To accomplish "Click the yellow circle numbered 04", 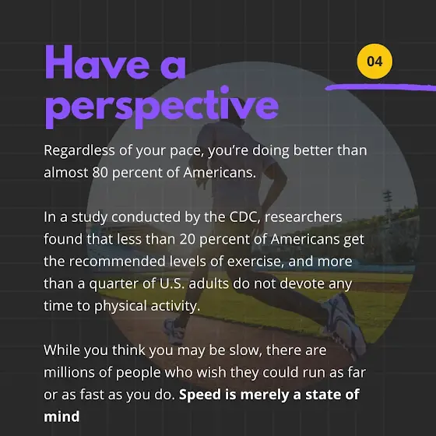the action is [x=374, y=62].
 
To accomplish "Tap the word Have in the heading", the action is [x=97, y=62].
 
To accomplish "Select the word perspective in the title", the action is [x=162, y=107].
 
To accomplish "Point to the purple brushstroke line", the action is [x=381, y=87].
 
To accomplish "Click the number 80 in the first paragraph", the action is [x=100, y=172].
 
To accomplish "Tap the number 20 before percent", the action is [x=187, y=239].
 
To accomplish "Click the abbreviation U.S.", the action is [x=172, y=283].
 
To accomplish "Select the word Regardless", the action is [x=79, y=151].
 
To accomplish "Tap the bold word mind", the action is [x=62, y=417].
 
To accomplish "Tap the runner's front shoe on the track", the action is [x=174, y=331].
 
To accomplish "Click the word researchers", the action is [x=304, y=217].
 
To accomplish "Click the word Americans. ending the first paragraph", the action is [x=220, y=172].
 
